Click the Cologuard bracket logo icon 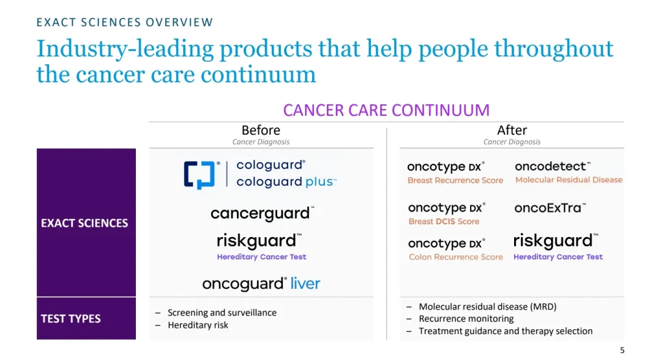coord(199,175)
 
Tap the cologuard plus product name coord(286,181)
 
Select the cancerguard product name coord(262,214)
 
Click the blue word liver coord(305,283)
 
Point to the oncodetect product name coord(552,166)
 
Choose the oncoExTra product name coord(550,208)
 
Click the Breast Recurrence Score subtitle coord(455,180)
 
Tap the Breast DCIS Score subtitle coord(444,221)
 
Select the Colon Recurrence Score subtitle coord(456,257)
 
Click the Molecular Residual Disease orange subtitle coord(569,180)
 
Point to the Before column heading coord(261,130)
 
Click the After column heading coord(512,130)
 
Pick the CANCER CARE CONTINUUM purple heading coord(386,110)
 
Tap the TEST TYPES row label coord(71,319)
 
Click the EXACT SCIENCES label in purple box coord(84,223)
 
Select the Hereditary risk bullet coord(198,325)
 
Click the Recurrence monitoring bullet coord(466,319)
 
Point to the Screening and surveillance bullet coord(222,313)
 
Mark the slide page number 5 coord(622,350)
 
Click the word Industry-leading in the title coord(125,49)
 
